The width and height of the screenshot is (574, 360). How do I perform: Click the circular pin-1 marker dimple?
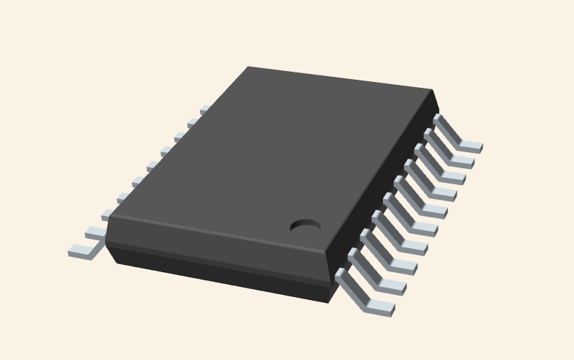tap(305, 225)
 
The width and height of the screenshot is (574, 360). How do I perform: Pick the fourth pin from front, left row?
tap(123, 198)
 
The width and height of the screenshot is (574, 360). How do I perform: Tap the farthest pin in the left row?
tap(204, 109)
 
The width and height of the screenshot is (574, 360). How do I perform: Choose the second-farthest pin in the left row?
tap(193, 123)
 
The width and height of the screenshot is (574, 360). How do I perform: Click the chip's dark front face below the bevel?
tap(220, 274)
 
